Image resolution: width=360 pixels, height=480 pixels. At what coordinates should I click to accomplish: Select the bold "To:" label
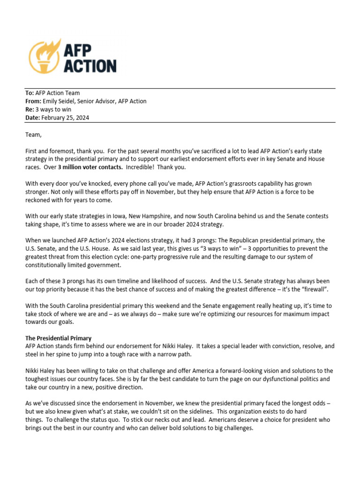click(x=30, y=93)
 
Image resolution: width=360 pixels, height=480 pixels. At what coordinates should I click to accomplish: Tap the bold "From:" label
click(x=33, y=101)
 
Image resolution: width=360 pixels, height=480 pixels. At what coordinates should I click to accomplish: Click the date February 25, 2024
click(x=65, y=118)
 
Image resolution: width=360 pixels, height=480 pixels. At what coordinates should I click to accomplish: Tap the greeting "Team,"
click(x=33, y=135)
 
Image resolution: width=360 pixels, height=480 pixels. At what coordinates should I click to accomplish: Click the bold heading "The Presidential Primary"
click(x=58, y=338)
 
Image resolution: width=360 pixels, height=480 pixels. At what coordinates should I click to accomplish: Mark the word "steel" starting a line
click(x=32, y=354)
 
